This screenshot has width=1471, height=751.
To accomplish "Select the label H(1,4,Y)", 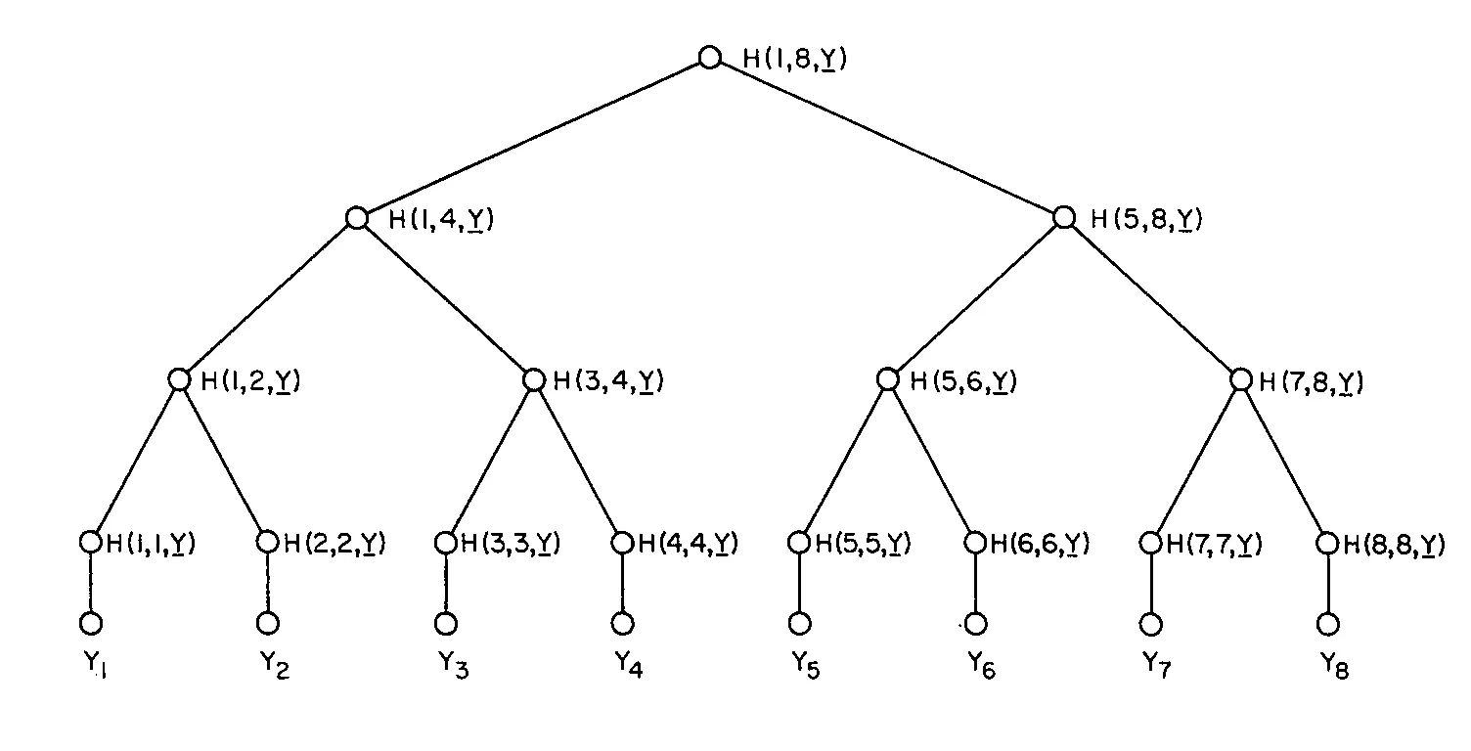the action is pyautogui.click(x=441, y=219).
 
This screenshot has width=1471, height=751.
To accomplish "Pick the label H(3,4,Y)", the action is pyautogui.click(x=608, y=380).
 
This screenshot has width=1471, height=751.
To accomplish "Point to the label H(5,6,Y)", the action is pyautogui.click(x=963, y=380).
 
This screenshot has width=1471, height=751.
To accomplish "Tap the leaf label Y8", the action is pyautogui.click(x=1334, y=665).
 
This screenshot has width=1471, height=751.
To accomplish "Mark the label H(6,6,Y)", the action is pyautogui.click(x=1040, y=544).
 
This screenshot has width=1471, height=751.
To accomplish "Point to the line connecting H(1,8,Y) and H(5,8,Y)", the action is pyautogui.click(x=886, y=137).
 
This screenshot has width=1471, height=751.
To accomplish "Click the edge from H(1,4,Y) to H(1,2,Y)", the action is pyautogui.click(x=268, y=298).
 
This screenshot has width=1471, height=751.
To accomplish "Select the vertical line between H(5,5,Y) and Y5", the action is pyautogui.click(x=799, y=583).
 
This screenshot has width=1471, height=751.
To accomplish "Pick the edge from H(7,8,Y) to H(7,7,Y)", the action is pyautogui.click(x=1196, y=461).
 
